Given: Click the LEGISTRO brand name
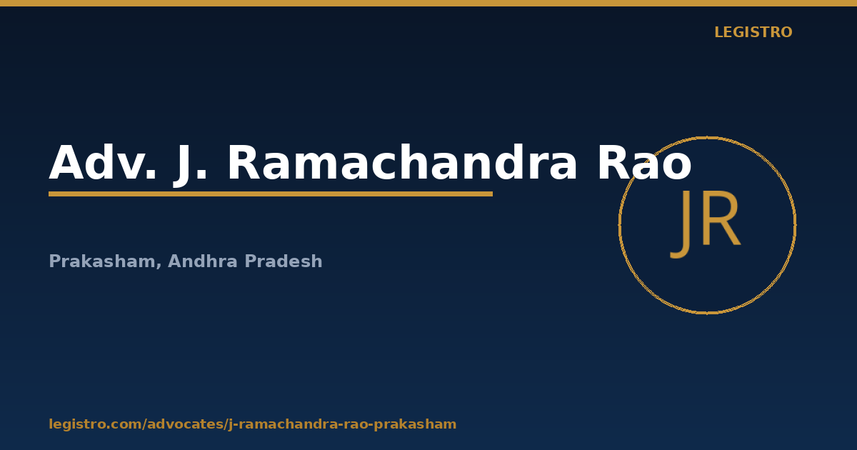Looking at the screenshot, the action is coord(753,32).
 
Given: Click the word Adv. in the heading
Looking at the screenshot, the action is coord(103,162).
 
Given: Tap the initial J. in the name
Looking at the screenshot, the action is coord(190,165).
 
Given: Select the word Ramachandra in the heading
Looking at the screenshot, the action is coord(402,162).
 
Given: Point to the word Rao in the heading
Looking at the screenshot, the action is coord(645,162).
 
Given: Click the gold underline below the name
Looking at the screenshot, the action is coord(271,194).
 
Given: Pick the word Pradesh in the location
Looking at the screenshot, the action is coord(284,261).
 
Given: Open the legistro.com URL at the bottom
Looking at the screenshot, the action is coord(253,424).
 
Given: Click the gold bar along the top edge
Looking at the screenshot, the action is coord(428,3).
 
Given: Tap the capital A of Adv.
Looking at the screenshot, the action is coord(66,162).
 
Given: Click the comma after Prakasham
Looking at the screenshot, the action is coord(159,266).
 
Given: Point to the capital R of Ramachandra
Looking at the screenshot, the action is coord(244,162).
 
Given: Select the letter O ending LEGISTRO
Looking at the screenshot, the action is coord(786,32).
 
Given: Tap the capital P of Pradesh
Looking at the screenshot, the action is coord(251,261).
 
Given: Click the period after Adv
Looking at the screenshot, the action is coord(151,175).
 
